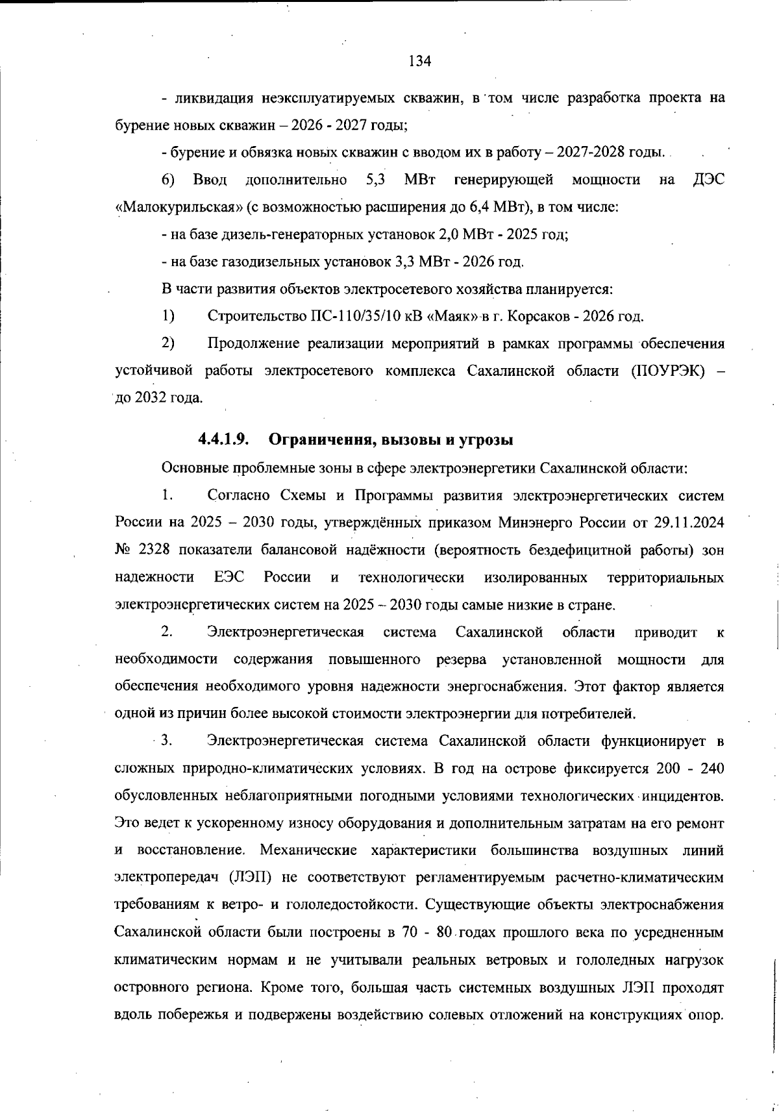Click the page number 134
tap(420, 62)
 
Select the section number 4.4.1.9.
tap(224, 439)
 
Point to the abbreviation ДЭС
tap(708, 179)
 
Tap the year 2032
tap(151, 398)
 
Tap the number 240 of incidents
tap(711, 768)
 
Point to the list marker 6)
tap(168, 179)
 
